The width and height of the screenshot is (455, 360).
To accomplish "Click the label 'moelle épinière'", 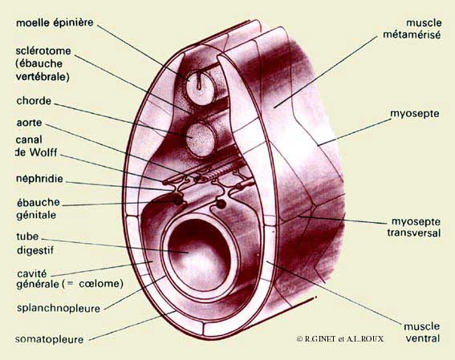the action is pos(55,23).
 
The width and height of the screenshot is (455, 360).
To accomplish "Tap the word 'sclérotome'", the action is pos(43,51).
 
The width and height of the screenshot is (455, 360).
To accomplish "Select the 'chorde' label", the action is pos(34,101).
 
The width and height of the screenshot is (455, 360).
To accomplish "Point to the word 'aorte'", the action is pos(29,123).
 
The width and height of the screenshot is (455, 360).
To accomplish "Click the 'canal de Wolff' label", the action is pos(36,146).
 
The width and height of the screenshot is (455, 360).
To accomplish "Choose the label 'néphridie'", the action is pos(39,179).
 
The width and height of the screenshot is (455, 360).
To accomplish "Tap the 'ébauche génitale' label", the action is pos(38,208).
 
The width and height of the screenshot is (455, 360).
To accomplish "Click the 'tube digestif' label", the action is pos(35,243).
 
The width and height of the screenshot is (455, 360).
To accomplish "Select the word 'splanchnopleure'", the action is pos(59,308).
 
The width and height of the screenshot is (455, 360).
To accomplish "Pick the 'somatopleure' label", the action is pos(49,339).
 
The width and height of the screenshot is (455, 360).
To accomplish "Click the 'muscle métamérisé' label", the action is pos(412,29).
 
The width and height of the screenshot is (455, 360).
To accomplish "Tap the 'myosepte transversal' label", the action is pos(414,227).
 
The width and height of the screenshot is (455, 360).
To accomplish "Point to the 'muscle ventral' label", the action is pos(422,332).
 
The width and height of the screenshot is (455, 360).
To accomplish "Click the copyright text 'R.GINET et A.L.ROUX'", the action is pos(343,339).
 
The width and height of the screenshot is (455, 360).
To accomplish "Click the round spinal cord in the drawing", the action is pos(201,86).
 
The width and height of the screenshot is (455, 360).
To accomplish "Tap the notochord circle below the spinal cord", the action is pos(201,140).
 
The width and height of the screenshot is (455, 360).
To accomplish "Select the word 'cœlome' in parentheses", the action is pos(99,284).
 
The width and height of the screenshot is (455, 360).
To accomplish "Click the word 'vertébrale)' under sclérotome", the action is pos(43,77).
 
